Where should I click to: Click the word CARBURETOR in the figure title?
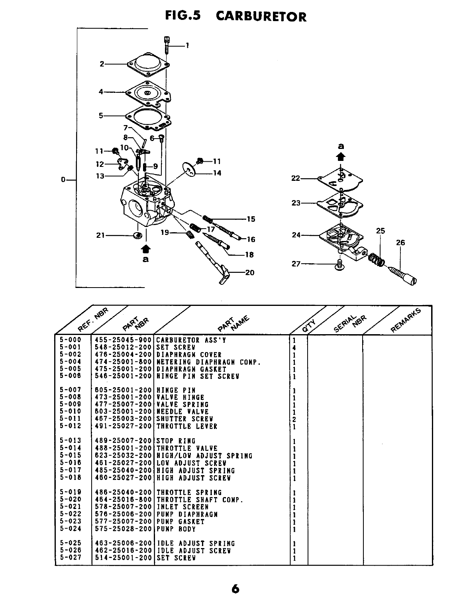pyautogui.click(x=261, y=16)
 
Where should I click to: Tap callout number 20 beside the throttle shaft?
pyautogui.click(x=250, y=273)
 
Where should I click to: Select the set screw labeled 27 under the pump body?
pyautogui.click(x=340, y=265)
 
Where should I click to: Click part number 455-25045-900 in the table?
pyautogui.click(x=124, y=340)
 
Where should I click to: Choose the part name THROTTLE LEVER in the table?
pyautogui.click(x=186, y=426)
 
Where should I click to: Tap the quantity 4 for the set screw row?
pyautogui.click(x=294, y=347)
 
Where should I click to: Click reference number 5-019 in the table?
pyautogui.click(x=71, y=492)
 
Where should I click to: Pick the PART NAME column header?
pyautogui.click(x=234, y=323)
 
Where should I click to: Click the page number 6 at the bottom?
pyautogui.click(x=235, y=589)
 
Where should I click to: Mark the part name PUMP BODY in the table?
pyautogui.click(x=176, y=529)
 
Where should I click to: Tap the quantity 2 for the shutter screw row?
pyautogui.click(x=294, y=419)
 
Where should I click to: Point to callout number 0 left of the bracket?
pyautogui.click(x=63, y=180)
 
